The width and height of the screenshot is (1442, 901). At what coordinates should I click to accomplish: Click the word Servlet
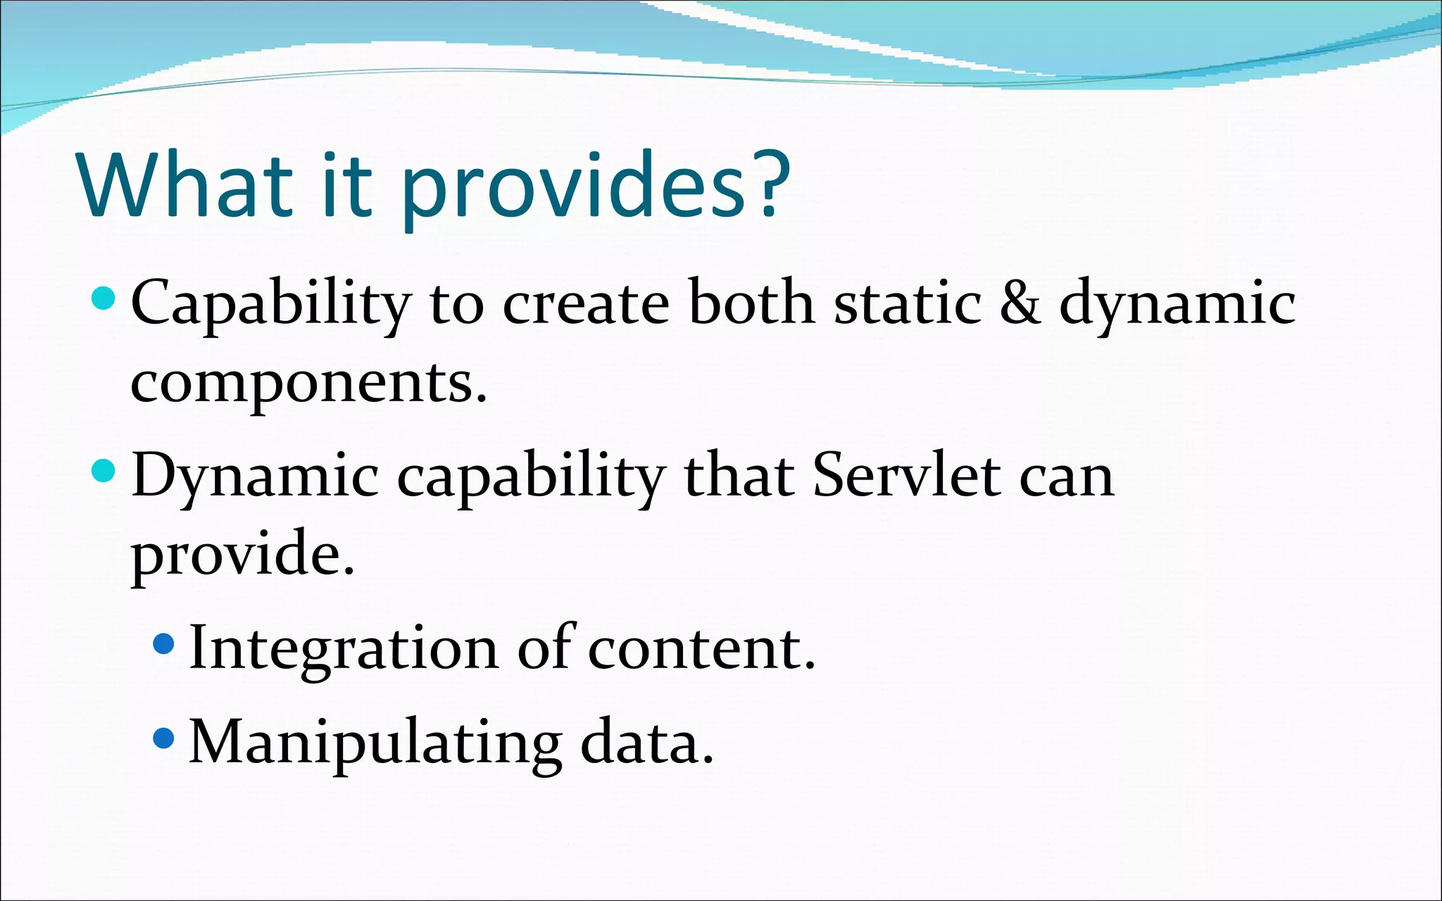click(x=906, y=475)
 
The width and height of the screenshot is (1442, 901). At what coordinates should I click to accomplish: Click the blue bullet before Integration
click(x=163, y=643)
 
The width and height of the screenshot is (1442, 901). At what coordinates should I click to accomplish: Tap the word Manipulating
click(x=375, y=743)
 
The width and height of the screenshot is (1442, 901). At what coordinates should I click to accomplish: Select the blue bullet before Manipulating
click(x=163, y=738)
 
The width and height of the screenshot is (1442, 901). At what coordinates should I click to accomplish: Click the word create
click(x=586, y=303)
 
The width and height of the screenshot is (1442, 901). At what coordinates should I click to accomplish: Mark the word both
click(x=751, y=303)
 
